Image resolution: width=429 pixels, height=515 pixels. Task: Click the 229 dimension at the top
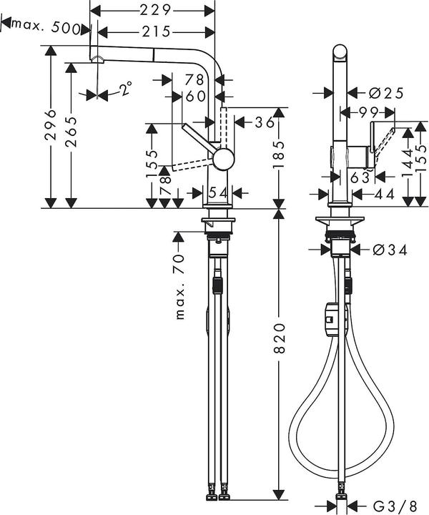(x=155, y=10)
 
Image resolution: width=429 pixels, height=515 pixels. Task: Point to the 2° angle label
(x=125, y=89)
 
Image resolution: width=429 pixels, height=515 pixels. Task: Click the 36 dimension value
(x=264, y=123)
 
